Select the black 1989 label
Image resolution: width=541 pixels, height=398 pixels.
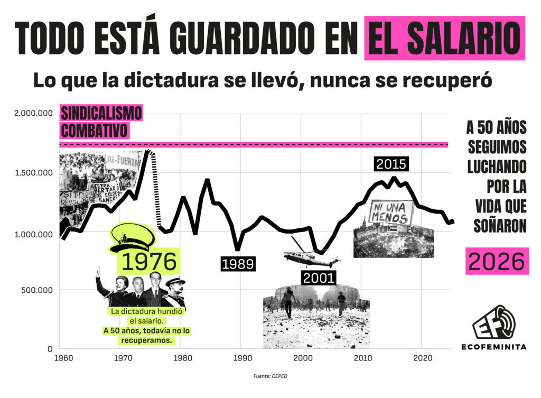[x=238, y=264]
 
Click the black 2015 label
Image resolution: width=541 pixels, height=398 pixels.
[x=391, y=164]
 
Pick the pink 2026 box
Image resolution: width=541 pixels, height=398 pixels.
[x=497, y=262]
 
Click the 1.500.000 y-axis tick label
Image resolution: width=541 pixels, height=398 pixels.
[x=34, y=173]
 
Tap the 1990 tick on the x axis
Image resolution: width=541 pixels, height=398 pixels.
[x=241, y=358]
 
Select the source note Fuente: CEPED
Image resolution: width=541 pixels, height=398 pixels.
[x=270, y=376]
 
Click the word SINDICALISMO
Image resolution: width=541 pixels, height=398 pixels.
[x=102, y=113]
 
